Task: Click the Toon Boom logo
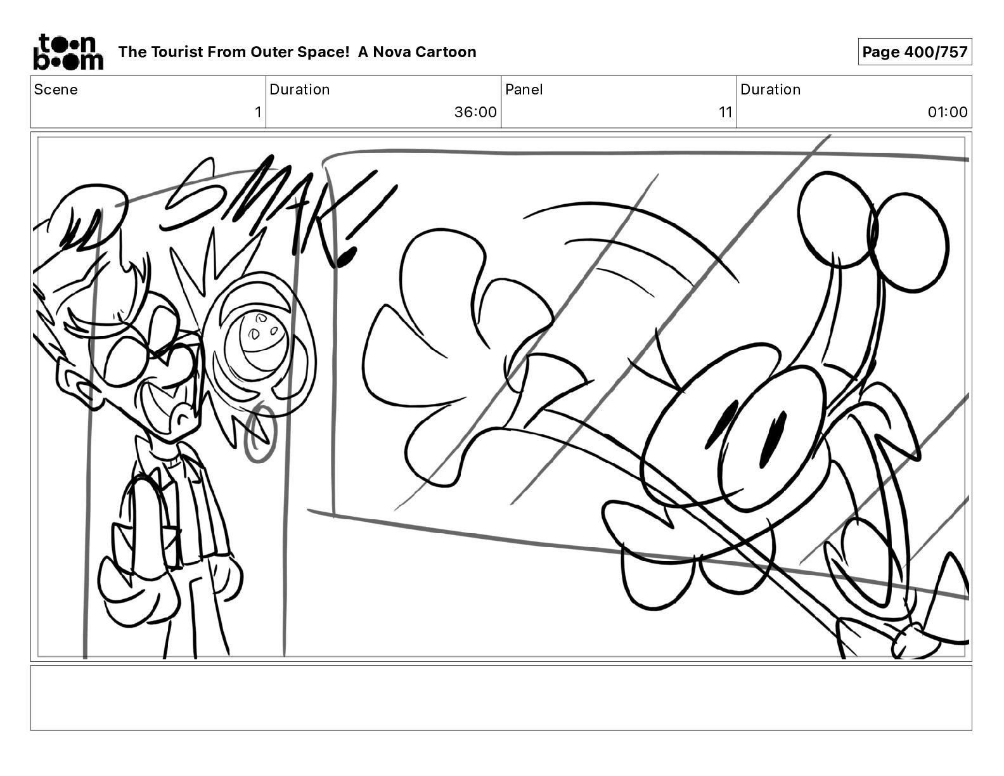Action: coord(68,52)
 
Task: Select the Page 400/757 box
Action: coord(915,52)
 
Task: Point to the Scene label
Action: coord(56,89)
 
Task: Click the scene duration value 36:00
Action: coord(475,112)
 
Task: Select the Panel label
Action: coord(524,89)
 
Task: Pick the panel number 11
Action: coord(726,112)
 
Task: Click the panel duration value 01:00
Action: coord(948,112)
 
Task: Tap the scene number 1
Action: coord(258,112)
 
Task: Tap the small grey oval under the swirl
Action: coord(259,433)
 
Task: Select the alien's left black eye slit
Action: coord(716,424)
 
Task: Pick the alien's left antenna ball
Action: coord(837,219)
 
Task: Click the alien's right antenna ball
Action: coord(910,243)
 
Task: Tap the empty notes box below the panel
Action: coord(501,698)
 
